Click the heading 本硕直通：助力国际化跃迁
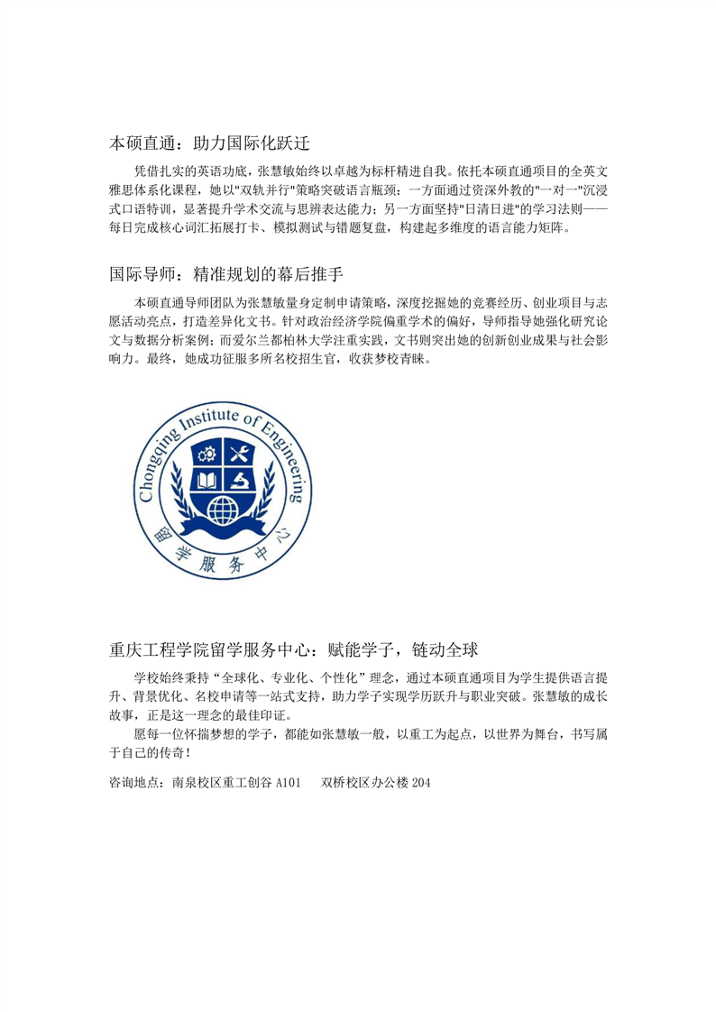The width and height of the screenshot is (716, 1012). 209,143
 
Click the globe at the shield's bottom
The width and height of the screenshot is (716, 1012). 224,511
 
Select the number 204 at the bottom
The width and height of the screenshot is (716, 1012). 421,784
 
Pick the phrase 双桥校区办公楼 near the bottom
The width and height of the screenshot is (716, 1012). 364,784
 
